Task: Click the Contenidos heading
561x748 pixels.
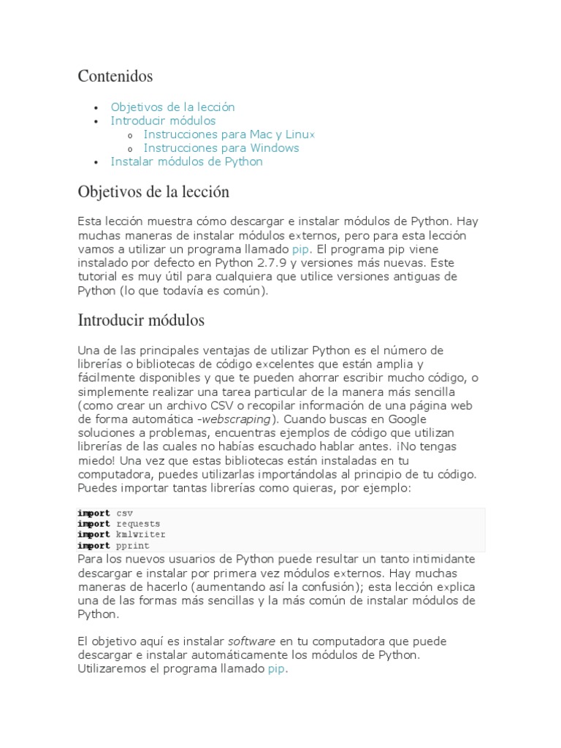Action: point(115,76)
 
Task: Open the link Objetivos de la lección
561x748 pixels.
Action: point(172,107)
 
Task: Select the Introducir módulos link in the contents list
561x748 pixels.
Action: point(163,121)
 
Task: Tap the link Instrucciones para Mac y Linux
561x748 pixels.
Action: point(229,134)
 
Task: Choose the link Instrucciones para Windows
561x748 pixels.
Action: point(221,148)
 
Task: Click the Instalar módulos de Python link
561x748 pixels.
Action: point(186,161)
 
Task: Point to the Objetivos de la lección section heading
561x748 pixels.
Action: point(153,192)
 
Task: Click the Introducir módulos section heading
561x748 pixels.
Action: point(141,320)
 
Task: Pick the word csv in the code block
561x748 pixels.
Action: point(125,514)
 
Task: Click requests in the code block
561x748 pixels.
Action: point(138,524)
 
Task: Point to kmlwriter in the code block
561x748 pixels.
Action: point(141,535)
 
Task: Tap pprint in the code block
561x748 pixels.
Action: point(133,546)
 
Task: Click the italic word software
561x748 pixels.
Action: point(251,641)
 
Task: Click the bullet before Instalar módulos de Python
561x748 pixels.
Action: point(96,162)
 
